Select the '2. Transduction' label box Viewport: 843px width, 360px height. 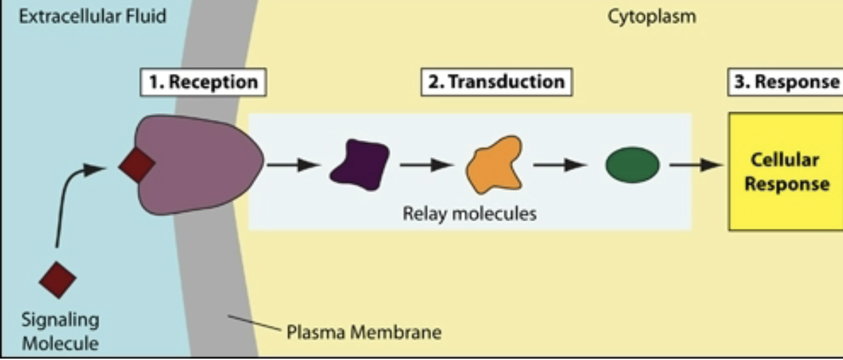pos(496,82)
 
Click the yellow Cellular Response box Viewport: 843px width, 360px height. pos(785,172)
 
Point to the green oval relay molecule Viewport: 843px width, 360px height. pos(632,166)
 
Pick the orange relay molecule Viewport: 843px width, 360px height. pos(496,165)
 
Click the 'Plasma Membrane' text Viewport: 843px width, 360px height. pos(364,331)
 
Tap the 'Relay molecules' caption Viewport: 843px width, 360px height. pos(469,213)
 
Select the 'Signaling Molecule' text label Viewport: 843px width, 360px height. pos(60,331)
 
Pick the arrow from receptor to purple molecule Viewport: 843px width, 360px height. pos(293,165)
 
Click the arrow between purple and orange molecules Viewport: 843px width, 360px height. pos(426,165)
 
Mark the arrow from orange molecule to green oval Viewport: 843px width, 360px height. pos(560,165)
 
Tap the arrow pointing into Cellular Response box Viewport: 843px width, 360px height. pos(696,165)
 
